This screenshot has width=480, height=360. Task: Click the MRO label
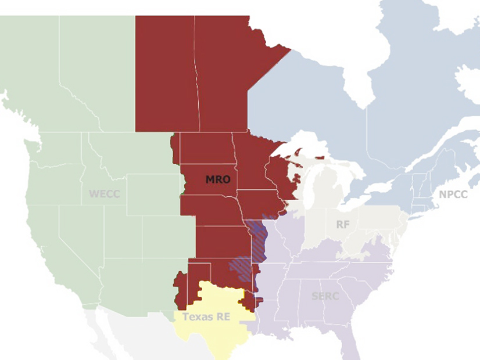point(218,180)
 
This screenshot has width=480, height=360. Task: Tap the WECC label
point(104,193)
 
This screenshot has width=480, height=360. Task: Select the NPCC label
point(453,195)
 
